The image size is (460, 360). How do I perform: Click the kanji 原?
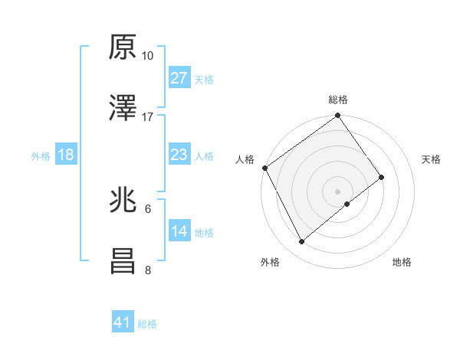pos(123,47)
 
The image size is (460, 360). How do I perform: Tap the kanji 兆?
pos(123,201)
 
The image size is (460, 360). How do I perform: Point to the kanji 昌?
pos(123,261)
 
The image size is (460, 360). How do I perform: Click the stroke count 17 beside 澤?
pos(148,117)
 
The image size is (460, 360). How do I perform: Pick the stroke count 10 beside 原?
pos(148,57)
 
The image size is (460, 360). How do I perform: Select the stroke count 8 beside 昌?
pos(148,270)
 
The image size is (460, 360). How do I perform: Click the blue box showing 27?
pos(179,78)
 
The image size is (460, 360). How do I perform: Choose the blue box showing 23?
pos(179,155)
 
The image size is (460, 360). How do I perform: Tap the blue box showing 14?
pos(179,231)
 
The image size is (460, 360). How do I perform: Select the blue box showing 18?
pos(66,155)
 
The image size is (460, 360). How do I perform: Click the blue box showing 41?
pos(123,323)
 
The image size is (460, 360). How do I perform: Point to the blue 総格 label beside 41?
pos(147,324)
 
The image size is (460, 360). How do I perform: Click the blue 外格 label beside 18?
pos(41,156)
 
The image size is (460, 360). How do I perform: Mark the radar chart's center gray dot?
pos(337,191)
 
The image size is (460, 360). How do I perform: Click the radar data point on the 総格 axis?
pos(337,116)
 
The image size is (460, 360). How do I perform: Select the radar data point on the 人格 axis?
pos(264,168)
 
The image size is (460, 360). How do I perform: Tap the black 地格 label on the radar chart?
pos(402,263)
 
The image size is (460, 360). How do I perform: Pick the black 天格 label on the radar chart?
pos(431,159)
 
